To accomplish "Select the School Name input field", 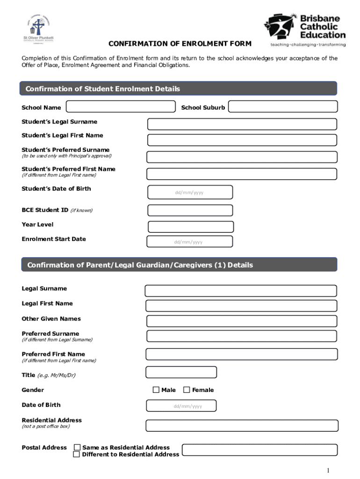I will pos(121,107).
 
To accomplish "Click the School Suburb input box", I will pos(282,107).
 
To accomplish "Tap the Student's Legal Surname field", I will pos(242,124).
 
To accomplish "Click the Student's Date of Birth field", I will pos(190,192).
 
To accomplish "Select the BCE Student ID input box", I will pos(190,210).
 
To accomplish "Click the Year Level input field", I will pos(190,227).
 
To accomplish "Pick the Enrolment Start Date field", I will pos(189,241).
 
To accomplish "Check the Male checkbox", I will pos(156,390).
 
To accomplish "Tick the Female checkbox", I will pos(187,390).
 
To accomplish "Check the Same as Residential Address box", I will pos(77,447).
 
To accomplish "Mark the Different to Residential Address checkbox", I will pos(76,454).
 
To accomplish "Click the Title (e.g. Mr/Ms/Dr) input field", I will pos(181,372).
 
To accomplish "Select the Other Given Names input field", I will pos(242,321).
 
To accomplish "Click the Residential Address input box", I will pos(242,425).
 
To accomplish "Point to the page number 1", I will pos(329,470).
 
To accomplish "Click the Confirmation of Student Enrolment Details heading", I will pos(103,89).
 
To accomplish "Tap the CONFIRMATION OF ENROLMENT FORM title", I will pos(180,44).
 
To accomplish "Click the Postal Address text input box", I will pos(259,450).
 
